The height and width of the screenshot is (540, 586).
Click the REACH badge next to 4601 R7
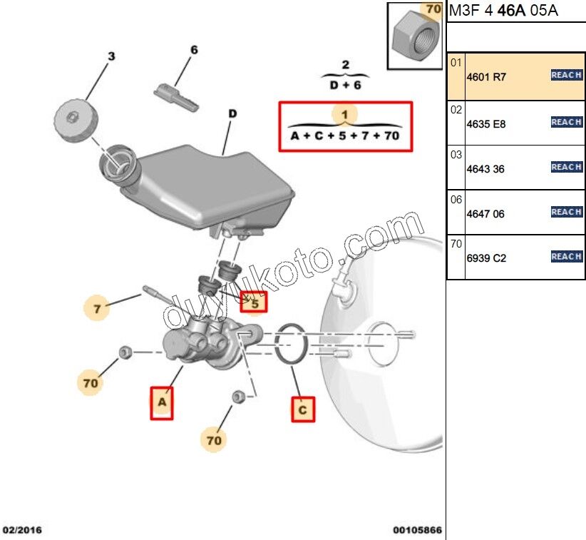tap(567, 75)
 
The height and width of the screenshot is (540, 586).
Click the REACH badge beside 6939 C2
tap(567, 256)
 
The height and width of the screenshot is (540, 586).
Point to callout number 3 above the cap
tap(110, 56)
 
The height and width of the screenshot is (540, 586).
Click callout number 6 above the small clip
tap(193, 51)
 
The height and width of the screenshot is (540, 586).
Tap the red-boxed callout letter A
tap(162, 403)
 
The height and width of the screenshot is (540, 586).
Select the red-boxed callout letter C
tap(302, 409)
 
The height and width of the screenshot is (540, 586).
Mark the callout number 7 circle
tap(98, 309)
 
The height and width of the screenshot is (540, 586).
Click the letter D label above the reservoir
tap(232, 113)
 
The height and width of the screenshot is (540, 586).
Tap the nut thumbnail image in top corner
tap(415, 36)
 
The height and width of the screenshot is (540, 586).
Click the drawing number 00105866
tap(417, 530)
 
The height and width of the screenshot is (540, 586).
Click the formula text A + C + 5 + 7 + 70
tap(345, 135)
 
